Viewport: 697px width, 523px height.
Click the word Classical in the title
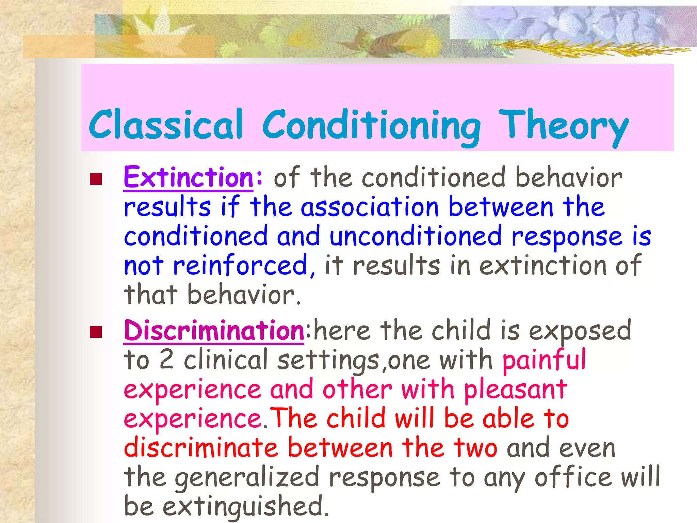pyautogui.click(x=166, y=125)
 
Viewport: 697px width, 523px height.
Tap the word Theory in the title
pyautogui.click(x=563, y=126)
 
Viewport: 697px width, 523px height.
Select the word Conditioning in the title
pyautogui.click(x=372, y=126)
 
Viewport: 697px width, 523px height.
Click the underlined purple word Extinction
pyautogui.click(x=189, y=178)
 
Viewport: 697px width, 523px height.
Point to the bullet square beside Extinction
pyautogui.click(x=96, y=179)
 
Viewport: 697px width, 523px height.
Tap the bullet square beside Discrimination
pyautogui.click(x=96, y=332)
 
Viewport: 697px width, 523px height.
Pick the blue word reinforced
pyautogui.click(x=240, y=266)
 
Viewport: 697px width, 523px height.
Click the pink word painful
pyautogui.click(x=544, y=360)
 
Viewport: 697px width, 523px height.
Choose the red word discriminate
pyautogui.click(x=201, y=448)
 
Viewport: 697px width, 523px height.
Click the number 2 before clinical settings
pyautogui.click(x=166, y=360)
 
